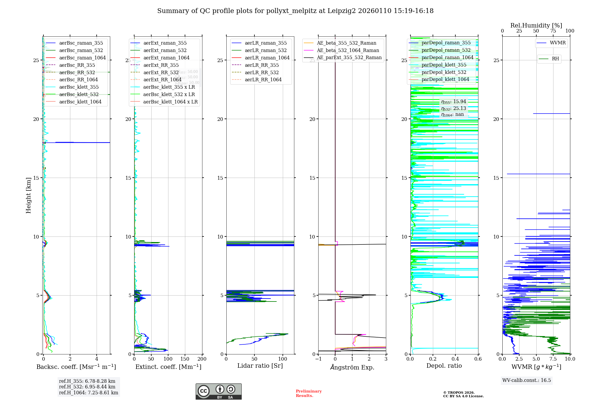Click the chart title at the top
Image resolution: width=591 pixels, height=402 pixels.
coord(295,11)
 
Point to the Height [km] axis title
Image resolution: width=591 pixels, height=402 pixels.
coord(28,195)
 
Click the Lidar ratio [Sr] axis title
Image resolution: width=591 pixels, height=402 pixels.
coord(260,366)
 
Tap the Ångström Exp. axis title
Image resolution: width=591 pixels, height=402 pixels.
coord(352,367)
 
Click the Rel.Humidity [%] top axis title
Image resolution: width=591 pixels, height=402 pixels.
coord(536,25)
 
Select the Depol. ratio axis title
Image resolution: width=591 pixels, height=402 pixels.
coord(444,366)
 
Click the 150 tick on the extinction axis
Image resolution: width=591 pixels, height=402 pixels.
coord(185,359)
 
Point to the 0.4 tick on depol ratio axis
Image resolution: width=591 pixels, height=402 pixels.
coord(455,359)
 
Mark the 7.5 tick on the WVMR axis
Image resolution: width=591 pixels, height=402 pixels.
coord(553,359)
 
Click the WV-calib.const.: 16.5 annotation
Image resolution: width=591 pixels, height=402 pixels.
coord(527,380)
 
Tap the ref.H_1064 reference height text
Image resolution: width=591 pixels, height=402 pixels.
coord(88,393)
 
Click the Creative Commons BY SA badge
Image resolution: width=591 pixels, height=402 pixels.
coord(218,391)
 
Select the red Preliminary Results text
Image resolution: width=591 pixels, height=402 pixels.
coord(309,393)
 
